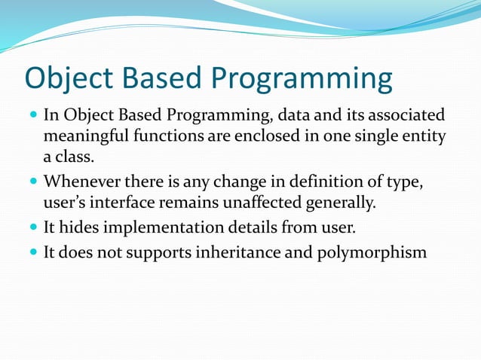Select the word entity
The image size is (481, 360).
[x=426, y=137]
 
